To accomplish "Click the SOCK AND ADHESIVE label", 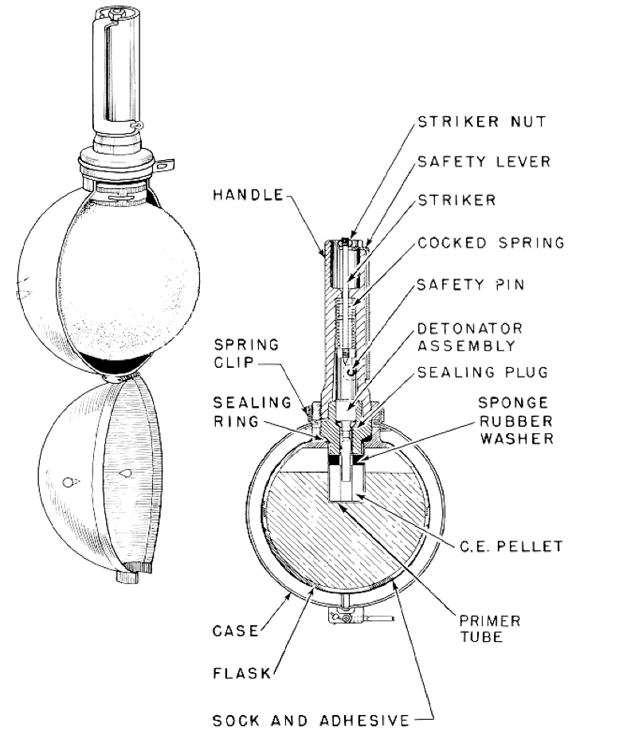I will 311,721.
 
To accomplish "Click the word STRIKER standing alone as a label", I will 456,201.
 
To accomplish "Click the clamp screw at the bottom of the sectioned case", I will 344,618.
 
